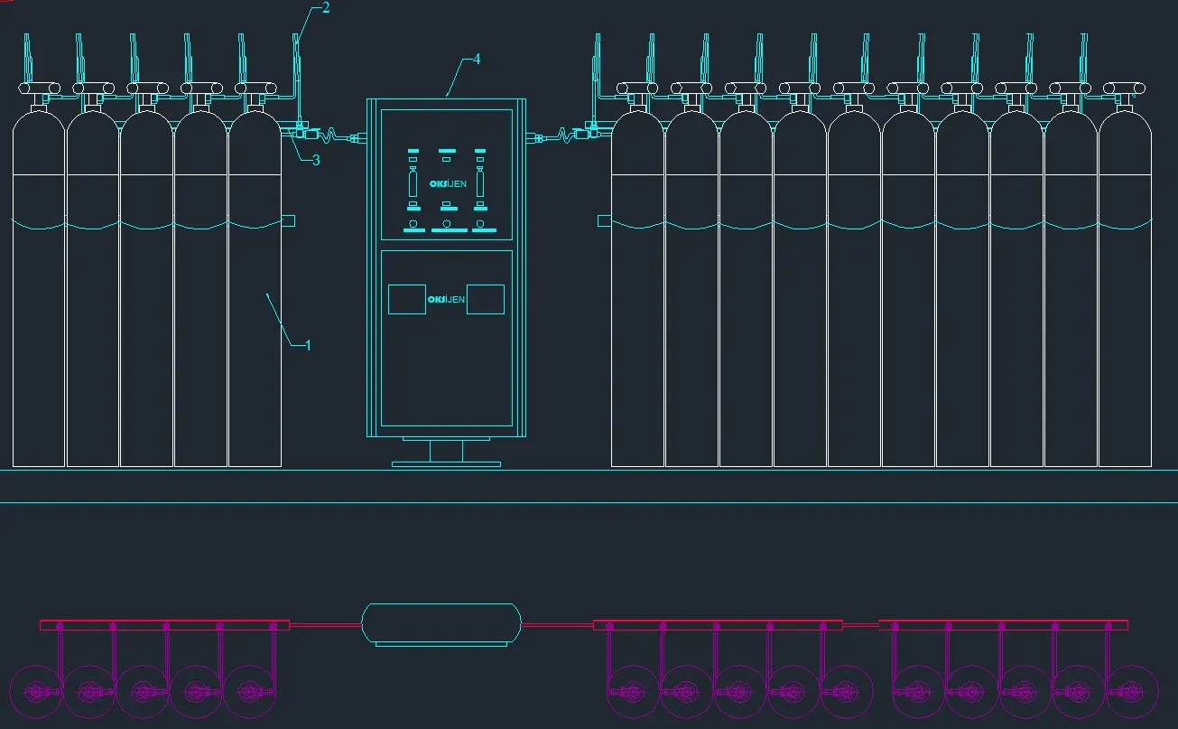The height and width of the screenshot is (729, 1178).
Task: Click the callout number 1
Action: [308, 345]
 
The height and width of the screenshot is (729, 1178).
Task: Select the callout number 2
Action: [326, 8]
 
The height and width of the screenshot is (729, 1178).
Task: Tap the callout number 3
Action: [316, 160]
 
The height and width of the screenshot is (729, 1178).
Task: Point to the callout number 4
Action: [477, 60]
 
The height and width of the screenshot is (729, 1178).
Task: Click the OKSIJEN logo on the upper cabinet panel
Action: [447, 184]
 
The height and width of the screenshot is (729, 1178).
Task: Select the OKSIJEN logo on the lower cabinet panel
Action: [447, 299]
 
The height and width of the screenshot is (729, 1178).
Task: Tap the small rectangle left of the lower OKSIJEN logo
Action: [407, 299]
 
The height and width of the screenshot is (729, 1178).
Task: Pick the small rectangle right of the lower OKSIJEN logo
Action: [486, 299]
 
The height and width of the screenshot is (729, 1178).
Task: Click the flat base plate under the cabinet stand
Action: [446, 464]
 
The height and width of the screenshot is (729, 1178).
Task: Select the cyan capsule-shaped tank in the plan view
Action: [441, 623]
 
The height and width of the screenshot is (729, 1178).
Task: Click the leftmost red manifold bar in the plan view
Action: [164, 625]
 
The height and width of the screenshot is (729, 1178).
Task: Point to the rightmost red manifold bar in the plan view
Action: [1003, 625]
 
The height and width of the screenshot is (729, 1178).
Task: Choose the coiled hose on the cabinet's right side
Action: [565, 136]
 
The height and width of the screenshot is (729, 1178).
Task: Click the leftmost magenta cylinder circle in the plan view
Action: [37, 693]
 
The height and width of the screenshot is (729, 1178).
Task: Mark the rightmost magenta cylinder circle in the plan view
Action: [1130, 693]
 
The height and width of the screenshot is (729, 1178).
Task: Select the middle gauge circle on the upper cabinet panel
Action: [447, 223]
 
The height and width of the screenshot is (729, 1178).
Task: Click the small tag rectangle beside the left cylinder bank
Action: [289, 220]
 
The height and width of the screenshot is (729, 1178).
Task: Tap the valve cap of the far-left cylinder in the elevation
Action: [39, 89]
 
